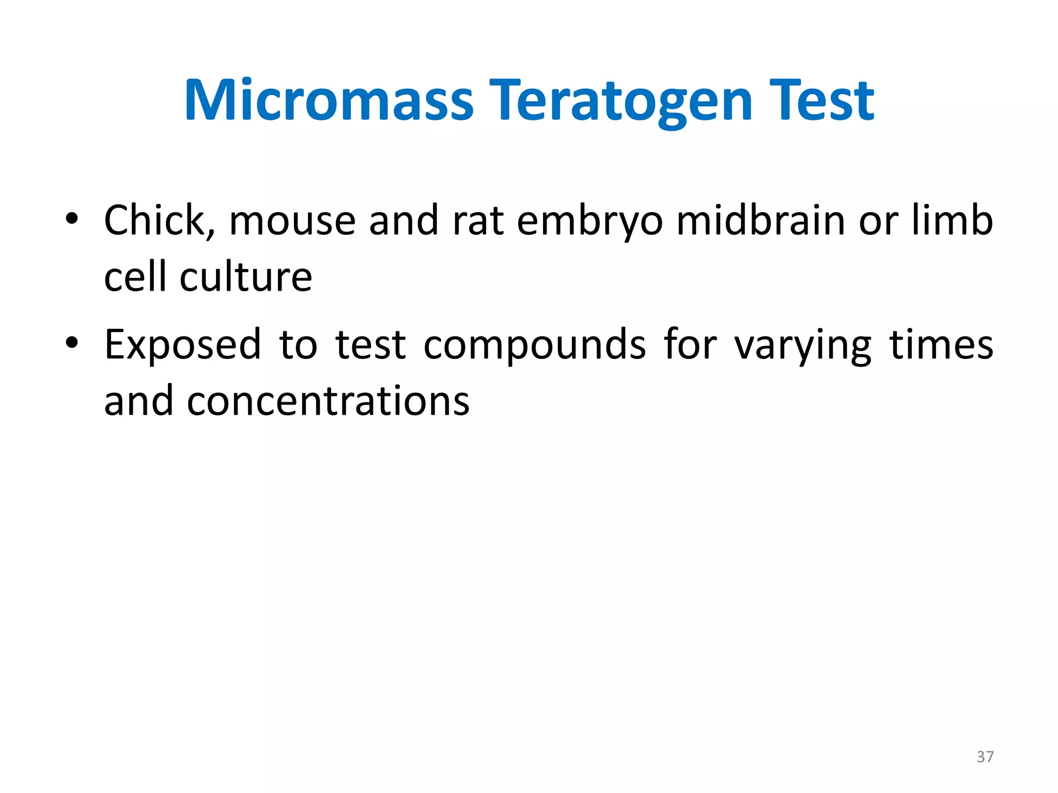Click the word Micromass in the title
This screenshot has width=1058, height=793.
(x=329, y=101)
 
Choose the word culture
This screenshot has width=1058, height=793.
(x=246, y=278)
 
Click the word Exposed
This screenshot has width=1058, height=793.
(x=183, y=345)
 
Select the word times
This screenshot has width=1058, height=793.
(x=941, y=345)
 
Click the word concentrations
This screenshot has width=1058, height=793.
(x=329, y=402)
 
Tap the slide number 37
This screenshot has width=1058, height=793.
(x=985, y=757)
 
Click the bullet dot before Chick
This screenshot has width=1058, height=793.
(x=72, y=219)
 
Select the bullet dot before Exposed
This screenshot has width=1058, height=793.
(x=72, y=343)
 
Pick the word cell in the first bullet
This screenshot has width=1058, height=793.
(x=135, y=278)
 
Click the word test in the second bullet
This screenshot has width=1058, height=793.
(x=370, y=345)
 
